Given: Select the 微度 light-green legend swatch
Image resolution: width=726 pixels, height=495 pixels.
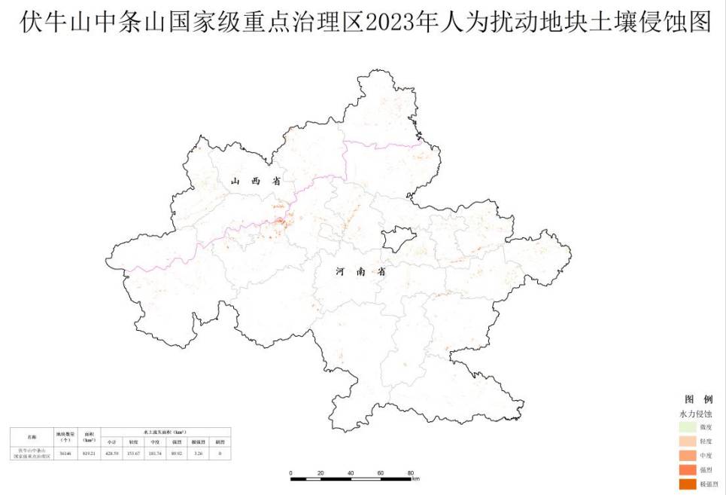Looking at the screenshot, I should tap(687, 427).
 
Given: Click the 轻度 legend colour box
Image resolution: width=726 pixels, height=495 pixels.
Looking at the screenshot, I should tap(687, 442).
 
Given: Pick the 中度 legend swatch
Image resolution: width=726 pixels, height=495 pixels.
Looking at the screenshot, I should tap(687, 456).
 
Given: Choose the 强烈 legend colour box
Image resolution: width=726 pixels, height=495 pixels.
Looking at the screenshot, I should tap(687, 470).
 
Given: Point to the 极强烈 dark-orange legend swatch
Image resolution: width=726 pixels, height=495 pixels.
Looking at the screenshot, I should tap(687, 484).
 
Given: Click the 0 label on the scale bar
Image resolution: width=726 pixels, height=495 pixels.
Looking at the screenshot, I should tap(290, 472).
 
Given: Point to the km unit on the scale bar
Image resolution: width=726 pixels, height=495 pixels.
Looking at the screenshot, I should tap(415, 478).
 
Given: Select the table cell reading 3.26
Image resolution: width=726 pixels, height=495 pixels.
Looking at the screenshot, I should tap(199, 454).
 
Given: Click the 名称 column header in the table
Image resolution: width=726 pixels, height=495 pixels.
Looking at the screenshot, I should tap(31, 436).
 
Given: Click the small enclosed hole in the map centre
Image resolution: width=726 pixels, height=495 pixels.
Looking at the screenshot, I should tap(396, 241).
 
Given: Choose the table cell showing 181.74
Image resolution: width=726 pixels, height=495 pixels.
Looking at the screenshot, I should tap(155, 454).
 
